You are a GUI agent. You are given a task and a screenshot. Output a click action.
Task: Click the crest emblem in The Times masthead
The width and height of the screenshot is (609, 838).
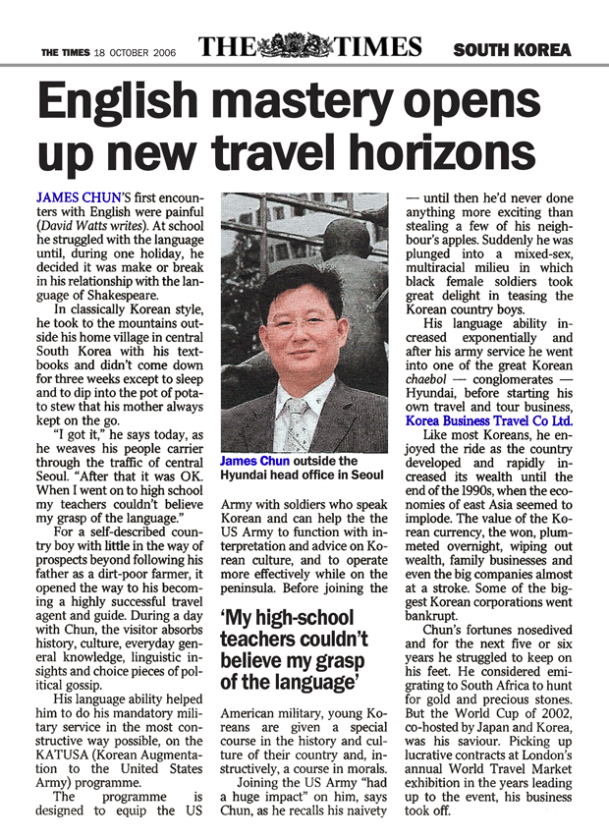coord(311,45)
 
